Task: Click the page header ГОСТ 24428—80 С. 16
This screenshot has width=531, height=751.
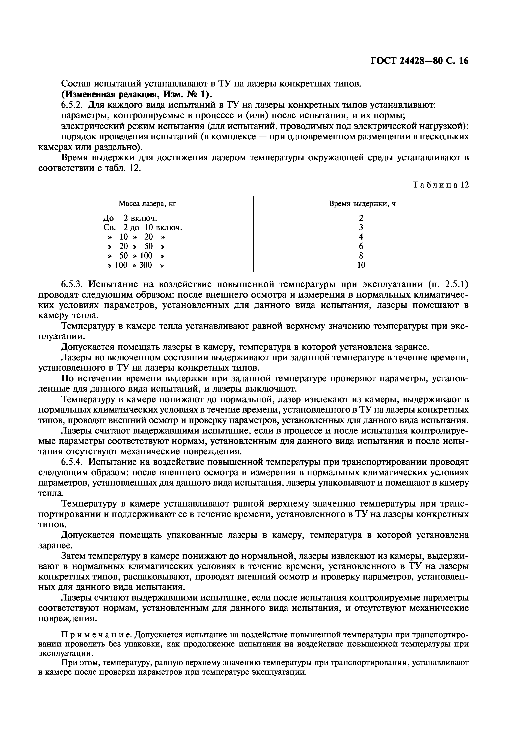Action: [x=419, y=61]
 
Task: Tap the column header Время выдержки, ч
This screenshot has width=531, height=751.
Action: [x=362, y=204]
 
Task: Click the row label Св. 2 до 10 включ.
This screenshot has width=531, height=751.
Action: [x=142, y=227]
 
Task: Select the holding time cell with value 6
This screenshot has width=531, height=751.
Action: [x=361, y=246]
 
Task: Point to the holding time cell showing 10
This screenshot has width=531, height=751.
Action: [x=361, y=265]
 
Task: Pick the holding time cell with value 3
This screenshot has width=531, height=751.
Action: [x=361, y=227]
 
